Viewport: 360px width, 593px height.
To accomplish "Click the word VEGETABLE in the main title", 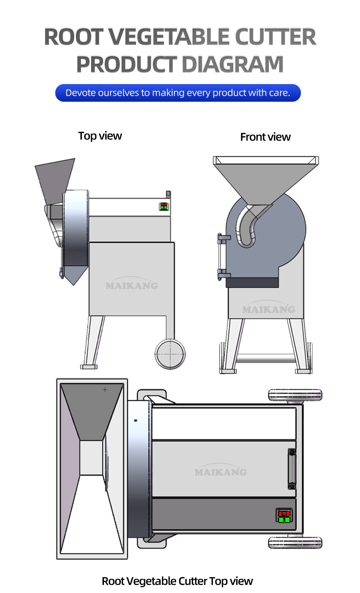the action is click(x=169, y=37).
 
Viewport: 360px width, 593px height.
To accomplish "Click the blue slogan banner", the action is click(x=178, y=93).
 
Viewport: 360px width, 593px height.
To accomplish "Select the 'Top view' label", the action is click(x=100, y=136).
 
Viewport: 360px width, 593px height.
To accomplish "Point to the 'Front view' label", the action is click(x=266, y=137).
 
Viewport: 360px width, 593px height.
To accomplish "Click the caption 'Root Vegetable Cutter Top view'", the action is click(x=177, y=581).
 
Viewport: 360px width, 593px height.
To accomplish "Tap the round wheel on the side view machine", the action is click(x=170, y=354).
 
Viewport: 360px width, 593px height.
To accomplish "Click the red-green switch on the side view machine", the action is click(x=164, y=206).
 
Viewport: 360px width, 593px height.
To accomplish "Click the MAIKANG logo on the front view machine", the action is click(x=268, y=308).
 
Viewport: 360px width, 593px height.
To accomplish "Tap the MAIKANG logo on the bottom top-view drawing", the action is click(x=221, y=470).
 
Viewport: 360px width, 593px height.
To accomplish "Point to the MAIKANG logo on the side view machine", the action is click(x=132, y=284).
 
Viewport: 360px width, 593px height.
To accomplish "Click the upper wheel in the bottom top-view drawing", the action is click(x=295, y=395).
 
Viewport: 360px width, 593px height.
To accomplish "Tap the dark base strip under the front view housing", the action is click(x=252, y=283).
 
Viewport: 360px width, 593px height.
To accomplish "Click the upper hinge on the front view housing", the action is click(x=223, y=238).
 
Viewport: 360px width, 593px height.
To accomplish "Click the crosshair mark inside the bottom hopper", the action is click(x=105, y=390).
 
